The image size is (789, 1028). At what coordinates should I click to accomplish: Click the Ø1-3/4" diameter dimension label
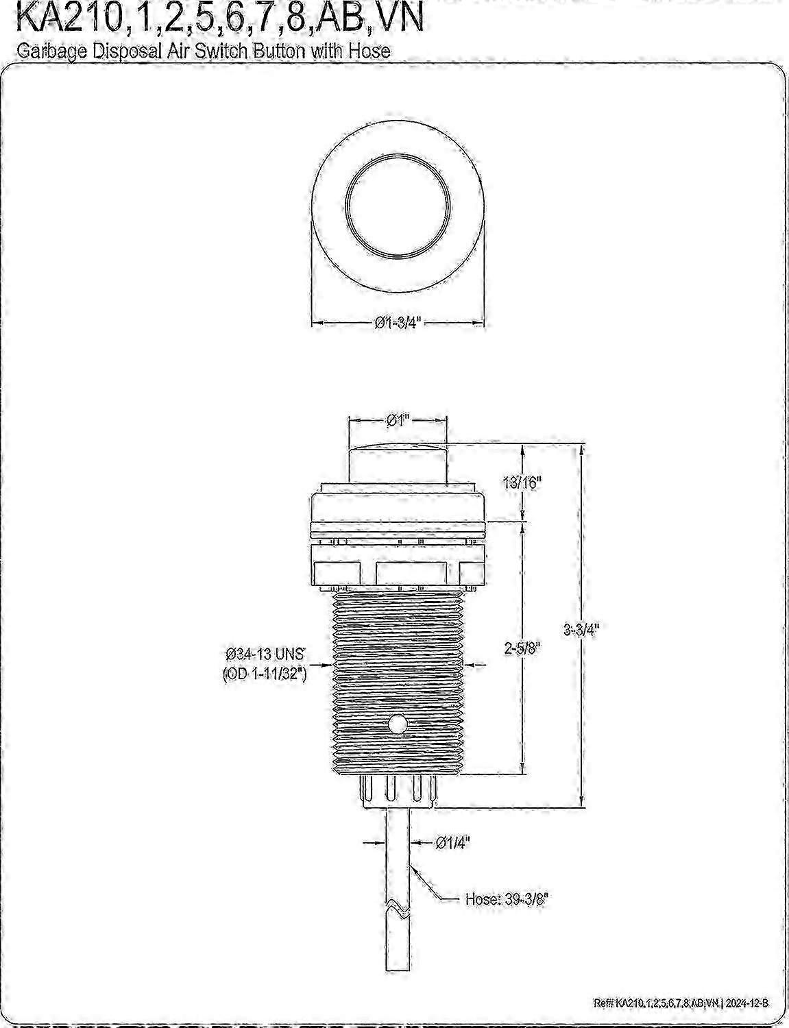click(398, 323)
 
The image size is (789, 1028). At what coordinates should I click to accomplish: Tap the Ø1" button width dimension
click(398, 420)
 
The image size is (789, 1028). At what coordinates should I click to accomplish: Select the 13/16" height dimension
click(522, 483)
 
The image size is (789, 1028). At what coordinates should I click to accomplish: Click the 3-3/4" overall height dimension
click(581, 630)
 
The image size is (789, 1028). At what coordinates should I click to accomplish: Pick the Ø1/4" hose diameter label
click(452, 842)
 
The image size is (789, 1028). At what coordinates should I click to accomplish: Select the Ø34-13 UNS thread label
click(265, 654)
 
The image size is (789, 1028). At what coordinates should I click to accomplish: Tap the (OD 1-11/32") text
click(265, 674)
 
